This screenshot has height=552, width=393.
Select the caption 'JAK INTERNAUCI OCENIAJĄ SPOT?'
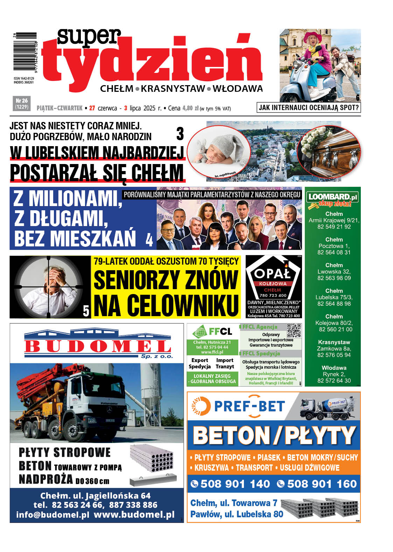[x=309, y=108]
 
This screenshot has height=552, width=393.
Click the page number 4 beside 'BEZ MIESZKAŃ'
[x=149, y=240]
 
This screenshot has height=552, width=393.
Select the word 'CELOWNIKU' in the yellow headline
[x=166, y=305]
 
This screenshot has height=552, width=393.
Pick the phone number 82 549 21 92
[x=334, y=227]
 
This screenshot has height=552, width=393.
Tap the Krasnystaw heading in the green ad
[x=334, y=342]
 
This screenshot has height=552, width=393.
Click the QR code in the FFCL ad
[x=294, y=330]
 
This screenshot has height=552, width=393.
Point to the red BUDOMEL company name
[x=97, y=347]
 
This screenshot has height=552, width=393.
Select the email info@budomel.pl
[x=52, y=514]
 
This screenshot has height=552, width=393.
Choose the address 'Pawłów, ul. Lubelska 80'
[x=237, y=514]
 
